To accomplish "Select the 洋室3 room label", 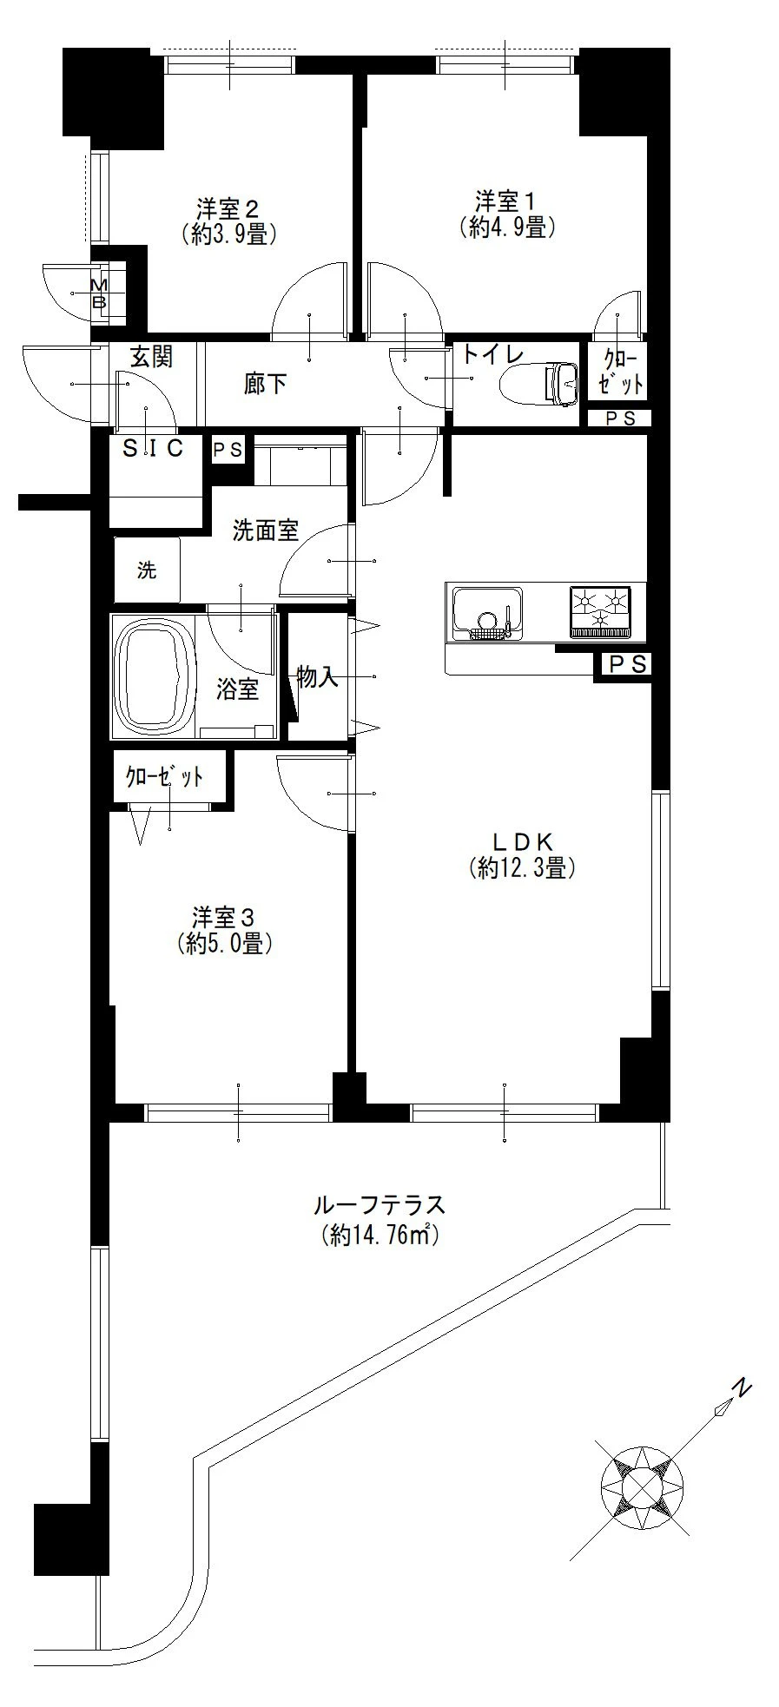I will pos(224,918).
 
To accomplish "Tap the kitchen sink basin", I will pos(485,612).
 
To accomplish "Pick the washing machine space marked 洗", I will pos(147,570).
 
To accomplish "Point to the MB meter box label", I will pos(99,294).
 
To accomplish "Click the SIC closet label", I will pos(153,449).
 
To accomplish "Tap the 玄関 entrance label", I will pos(152,356).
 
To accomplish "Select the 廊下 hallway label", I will pos(265,383).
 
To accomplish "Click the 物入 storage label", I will pos(317,677).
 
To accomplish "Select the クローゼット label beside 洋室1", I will pos(617,372).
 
